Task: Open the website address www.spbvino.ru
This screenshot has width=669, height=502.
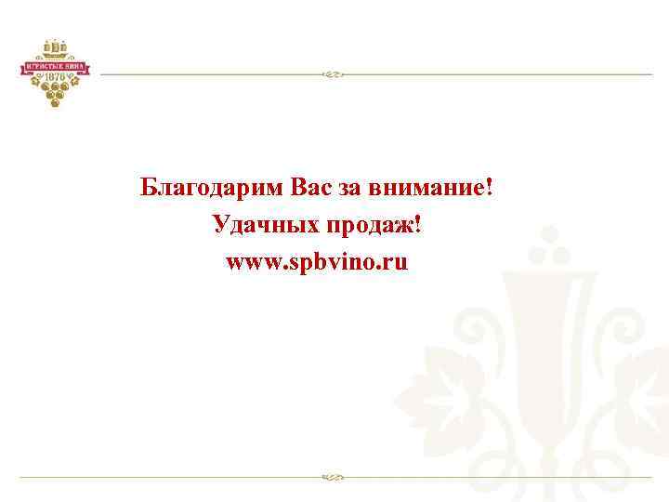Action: (x=316, y=262)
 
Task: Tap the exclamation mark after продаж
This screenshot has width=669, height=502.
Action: (x=417, y=225)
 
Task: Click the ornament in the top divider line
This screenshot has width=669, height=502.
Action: (x=332, y=73)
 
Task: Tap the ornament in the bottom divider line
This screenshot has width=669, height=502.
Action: (x=332, y=478)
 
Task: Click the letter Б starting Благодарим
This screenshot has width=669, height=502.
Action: (x=148, y=188)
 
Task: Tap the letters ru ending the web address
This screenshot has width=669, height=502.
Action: (x=397, y=263)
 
